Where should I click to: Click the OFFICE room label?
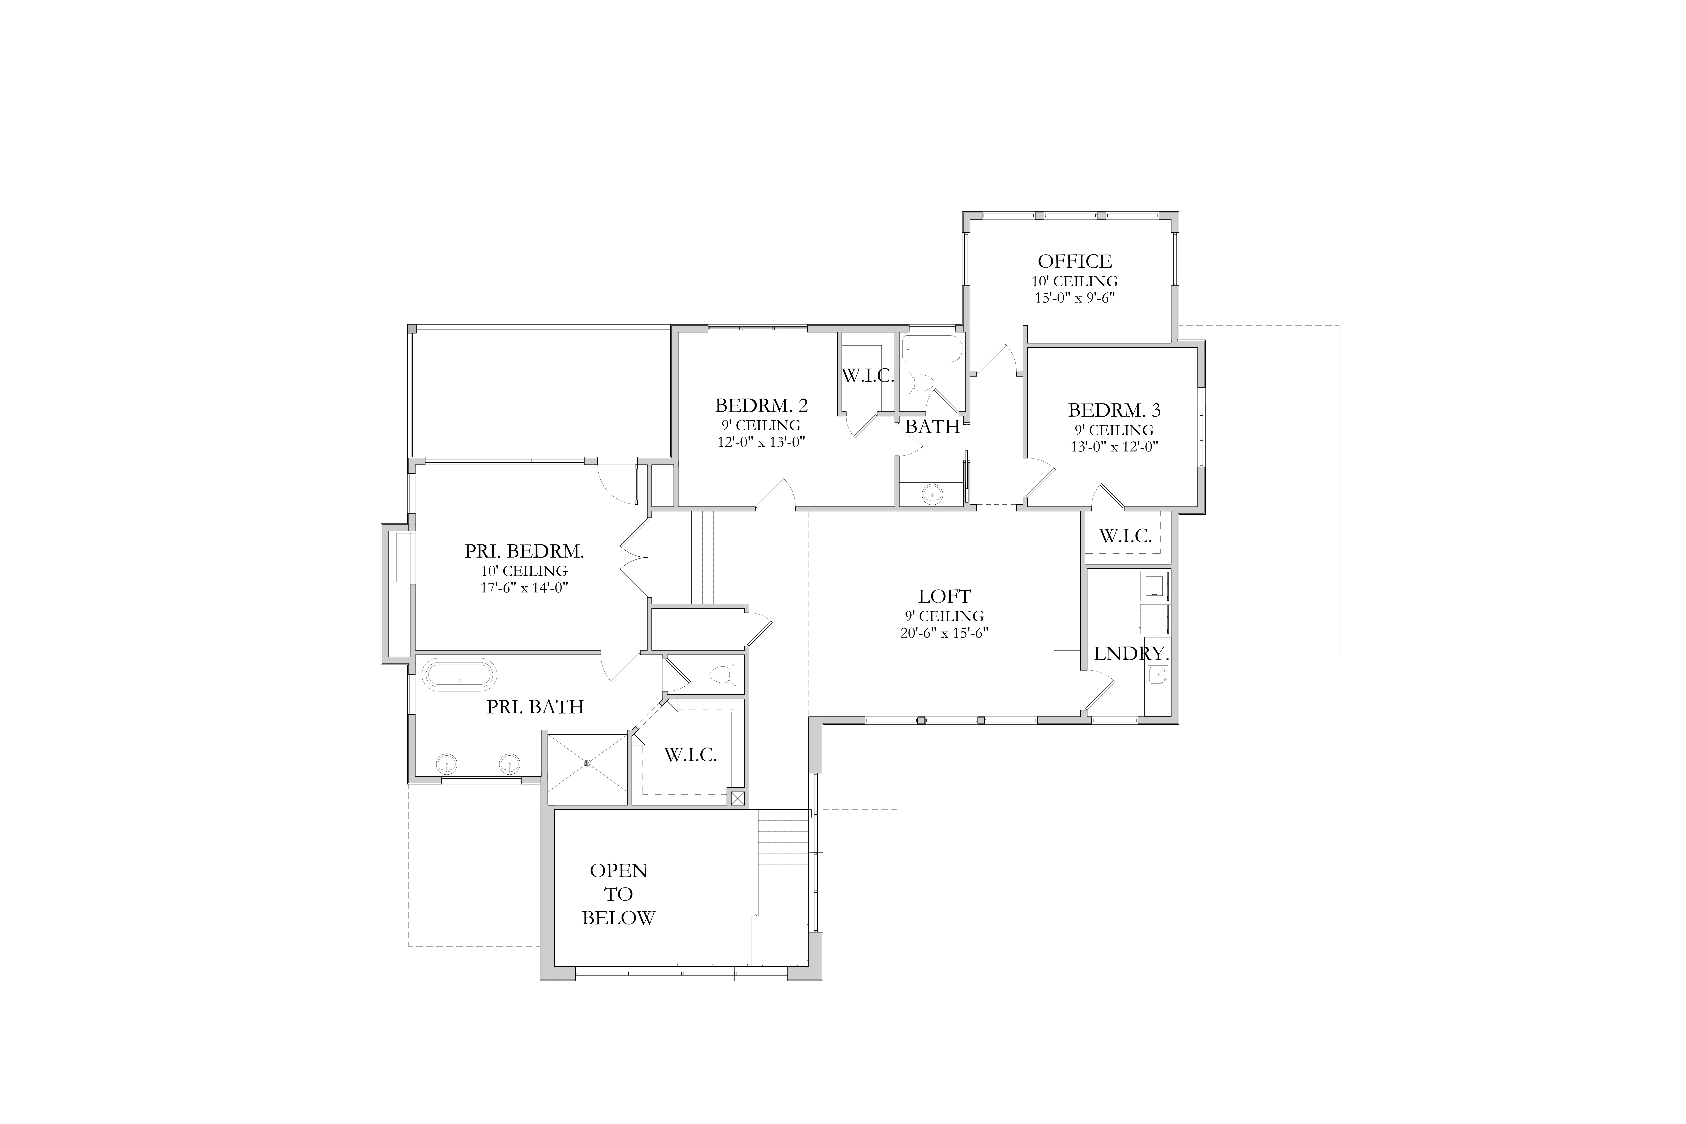(x=1075, y=261)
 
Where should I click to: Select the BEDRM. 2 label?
(x=761, y=406)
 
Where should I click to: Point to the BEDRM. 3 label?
(x=1114, y=411)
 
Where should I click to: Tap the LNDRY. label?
(x=1131, y=654)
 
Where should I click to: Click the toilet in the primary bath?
(x=725, y=675)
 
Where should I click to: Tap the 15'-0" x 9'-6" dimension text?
(x=1075, y=297)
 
